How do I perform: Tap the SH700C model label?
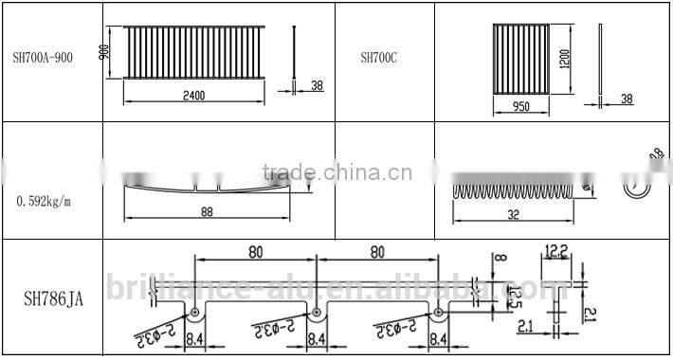tap(378, 58)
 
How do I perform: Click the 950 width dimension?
tap(519, 107)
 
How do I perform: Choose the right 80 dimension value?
tap(377, 253)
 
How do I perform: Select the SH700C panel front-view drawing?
tap(520, 59)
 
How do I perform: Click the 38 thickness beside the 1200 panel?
tap(626, 99)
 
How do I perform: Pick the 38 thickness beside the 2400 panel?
tap(317, 85)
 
